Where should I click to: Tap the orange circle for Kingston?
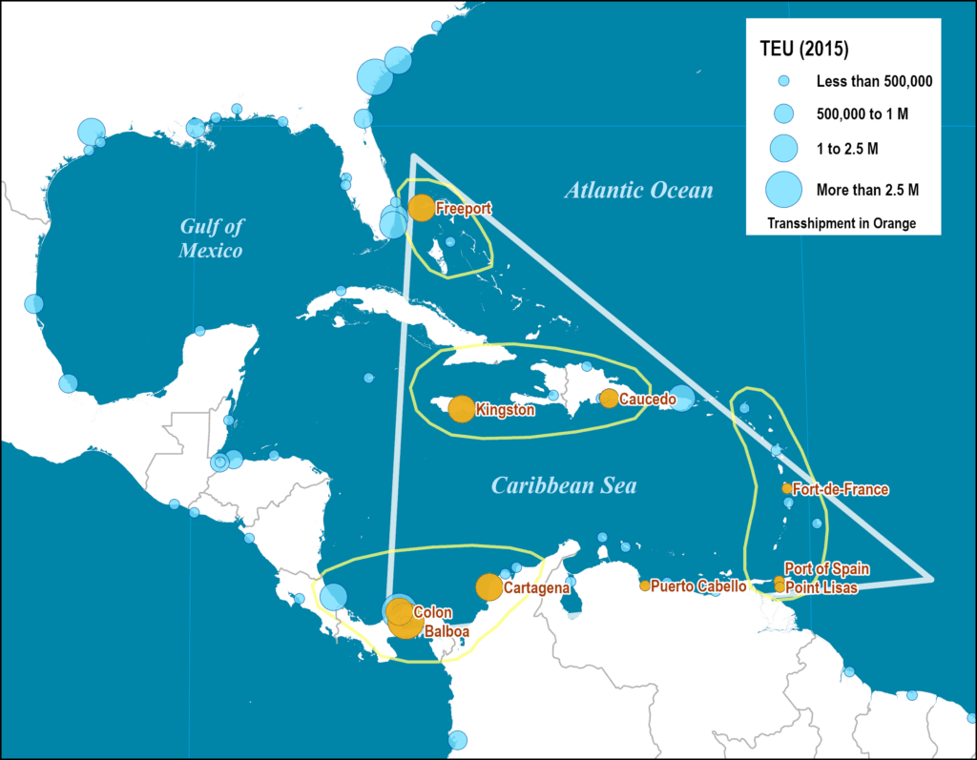[461, 409]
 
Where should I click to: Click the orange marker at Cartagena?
[488, 587]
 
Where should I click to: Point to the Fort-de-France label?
[841, 490]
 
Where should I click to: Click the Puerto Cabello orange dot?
[645, 585]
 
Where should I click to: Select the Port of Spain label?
[827, 569]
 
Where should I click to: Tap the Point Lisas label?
[821, 588]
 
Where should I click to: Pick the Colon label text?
[432, 612]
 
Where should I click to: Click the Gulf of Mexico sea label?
[212, 238]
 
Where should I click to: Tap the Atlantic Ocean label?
[638, 191]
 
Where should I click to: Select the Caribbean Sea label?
[564, 486]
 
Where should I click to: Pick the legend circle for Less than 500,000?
[783, 82]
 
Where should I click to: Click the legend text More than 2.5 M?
[867, 190]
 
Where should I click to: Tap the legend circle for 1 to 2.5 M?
[783, 147]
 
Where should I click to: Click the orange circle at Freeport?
[421, 207]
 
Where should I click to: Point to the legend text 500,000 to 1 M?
[862, 114]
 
